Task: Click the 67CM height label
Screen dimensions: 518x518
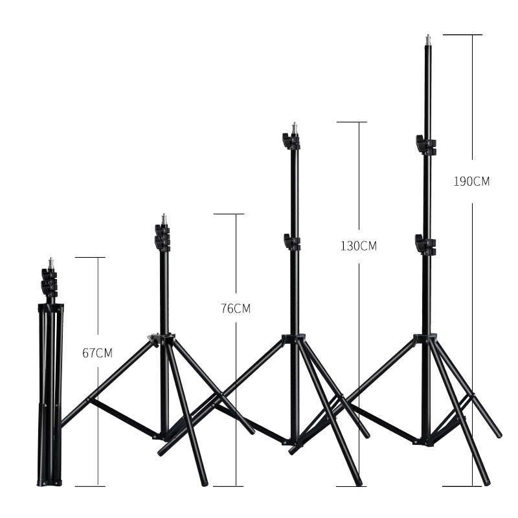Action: click(97, 353)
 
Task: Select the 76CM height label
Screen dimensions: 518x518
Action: click(235, 308)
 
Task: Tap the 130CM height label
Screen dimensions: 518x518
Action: click(358, 246)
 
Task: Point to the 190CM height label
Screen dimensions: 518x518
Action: click(471, 181)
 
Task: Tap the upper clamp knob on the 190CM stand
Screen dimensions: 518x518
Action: click(425, 144)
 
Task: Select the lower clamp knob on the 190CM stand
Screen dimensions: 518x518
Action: click(424, 245)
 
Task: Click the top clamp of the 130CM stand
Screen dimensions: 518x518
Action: click(291, 140)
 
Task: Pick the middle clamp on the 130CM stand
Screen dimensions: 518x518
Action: click(292, 242)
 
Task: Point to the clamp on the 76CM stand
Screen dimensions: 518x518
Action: click(162, 237)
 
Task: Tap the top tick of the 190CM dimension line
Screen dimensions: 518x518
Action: click(462, 34)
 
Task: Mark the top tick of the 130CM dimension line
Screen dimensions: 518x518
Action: click(352, 122)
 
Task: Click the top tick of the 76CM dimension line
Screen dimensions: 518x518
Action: click(229, 214)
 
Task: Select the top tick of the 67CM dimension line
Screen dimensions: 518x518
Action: click(90, 258)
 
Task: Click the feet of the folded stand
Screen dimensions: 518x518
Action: click(49, 482)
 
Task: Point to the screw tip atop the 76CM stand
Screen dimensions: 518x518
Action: click(163, 218)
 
